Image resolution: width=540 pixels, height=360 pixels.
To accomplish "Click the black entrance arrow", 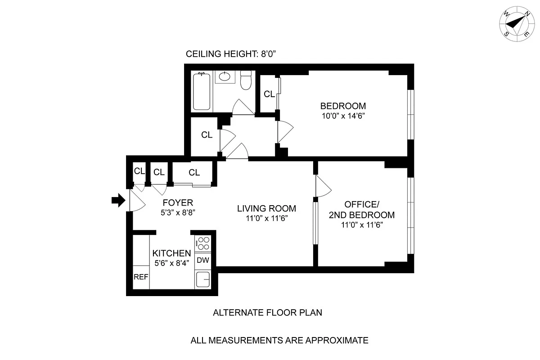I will click(117, 200).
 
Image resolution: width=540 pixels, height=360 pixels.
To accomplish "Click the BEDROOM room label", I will click(343, 106).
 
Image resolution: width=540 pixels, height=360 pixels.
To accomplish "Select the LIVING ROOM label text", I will click(266, 208).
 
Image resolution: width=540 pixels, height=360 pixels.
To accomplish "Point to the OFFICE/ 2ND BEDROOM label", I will click(363, 209).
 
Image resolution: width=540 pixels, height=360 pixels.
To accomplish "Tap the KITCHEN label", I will click(171, 253).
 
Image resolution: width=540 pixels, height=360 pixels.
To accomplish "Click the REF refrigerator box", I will click(141, 277).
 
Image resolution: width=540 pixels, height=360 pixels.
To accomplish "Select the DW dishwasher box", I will click(202, 260).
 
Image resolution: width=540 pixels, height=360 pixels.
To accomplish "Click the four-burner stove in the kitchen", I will click(203, 243).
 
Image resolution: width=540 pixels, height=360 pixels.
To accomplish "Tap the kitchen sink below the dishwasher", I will click(203, 279).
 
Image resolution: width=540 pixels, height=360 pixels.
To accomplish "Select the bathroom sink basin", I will click(224, 77).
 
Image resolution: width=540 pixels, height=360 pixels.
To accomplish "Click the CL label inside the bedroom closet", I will click(269, 94).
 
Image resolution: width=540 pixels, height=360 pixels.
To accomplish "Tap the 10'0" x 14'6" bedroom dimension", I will click(343, 116).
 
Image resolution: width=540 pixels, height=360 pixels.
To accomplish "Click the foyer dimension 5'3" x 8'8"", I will click(177, 212).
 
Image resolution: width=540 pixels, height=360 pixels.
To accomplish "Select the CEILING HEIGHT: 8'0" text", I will click(230, 54).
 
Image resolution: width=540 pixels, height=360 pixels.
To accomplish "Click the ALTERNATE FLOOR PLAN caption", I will click(267, 312).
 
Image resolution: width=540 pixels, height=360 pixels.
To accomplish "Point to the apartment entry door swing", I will click(136, 201).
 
